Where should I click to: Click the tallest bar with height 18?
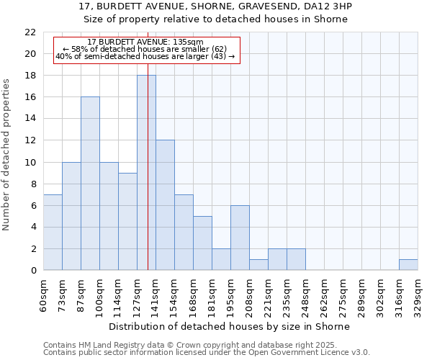[146, 173]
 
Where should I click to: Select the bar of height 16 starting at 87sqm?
[90, 184]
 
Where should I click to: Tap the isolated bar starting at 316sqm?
[408, 265]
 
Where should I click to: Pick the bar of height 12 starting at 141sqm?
[165, 205]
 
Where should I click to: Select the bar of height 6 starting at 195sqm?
[240, 238]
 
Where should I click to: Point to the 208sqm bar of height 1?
[258, 265]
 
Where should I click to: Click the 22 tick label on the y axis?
[30, 32]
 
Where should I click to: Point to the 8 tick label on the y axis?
[33, 184]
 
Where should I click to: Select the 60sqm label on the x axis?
[43, 296]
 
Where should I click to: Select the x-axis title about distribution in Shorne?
[230, 326]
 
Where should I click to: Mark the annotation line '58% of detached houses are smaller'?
[145, 49]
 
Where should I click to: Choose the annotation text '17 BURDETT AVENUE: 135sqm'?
[145, 42]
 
